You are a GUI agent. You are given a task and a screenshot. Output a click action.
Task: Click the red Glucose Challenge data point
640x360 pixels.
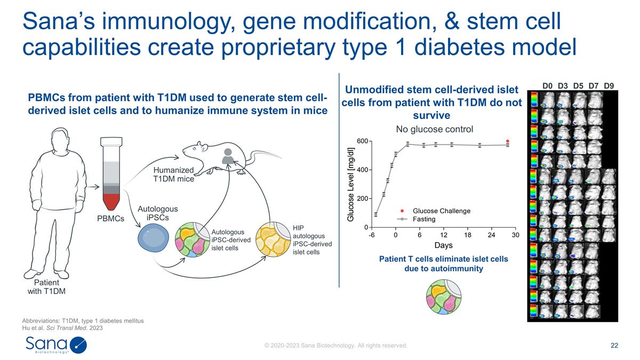point(508,141)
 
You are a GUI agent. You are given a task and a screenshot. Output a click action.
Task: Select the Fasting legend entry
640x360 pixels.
point(424,219)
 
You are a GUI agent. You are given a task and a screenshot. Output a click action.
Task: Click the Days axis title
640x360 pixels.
point(444,246)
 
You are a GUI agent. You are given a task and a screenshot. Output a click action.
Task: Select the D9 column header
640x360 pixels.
point(609,85)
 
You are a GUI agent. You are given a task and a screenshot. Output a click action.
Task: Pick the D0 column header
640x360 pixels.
point(548,85)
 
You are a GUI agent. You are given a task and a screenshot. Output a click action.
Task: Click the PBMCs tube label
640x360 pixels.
point(111,219)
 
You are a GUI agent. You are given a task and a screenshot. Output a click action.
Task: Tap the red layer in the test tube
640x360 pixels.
point(111,201)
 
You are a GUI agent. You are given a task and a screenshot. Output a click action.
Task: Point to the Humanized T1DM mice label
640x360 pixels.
point(173,174)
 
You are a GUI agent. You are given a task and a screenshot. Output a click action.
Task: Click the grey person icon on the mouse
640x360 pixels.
point(228,155)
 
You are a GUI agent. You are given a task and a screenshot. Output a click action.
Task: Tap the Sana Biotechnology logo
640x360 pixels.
point(55,344)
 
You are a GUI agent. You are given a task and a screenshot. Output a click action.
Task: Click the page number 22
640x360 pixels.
point(614,346)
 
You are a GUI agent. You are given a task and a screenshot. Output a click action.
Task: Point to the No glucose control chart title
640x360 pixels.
point(434,129)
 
